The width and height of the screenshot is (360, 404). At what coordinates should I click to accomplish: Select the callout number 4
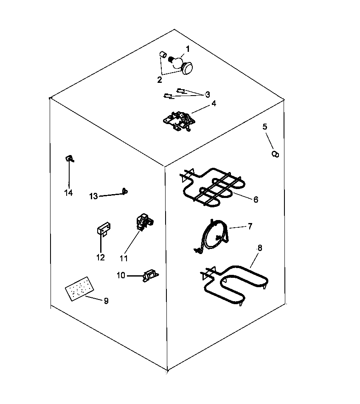(x=214, y=103)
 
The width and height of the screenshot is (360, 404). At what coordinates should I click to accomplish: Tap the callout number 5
(x=265, y=127)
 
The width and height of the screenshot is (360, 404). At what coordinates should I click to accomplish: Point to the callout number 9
(x=106, y=301)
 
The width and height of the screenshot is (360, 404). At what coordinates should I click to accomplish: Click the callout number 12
(x=101, y=257)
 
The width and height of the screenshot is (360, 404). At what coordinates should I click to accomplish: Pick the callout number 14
(x=68, y=193)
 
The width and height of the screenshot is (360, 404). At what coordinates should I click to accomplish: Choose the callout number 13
(x=93, y=196)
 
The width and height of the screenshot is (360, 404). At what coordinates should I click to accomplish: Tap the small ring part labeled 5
(x=275, y=154)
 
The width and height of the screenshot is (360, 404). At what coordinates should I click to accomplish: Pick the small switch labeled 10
(x=150, y=276)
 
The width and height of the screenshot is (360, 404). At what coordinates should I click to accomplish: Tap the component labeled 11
(x=143, y=222)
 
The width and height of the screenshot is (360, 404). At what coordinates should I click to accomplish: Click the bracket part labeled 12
(x=103, y=230)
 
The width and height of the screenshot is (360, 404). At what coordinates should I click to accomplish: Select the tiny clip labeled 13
(x=124, y=192)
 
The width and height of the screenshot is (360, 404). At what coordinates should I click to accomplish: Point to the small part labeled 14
(x=68, y=159)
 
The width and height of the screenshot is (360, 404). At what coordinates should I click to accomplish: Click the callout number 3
(x=208, y=94)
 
